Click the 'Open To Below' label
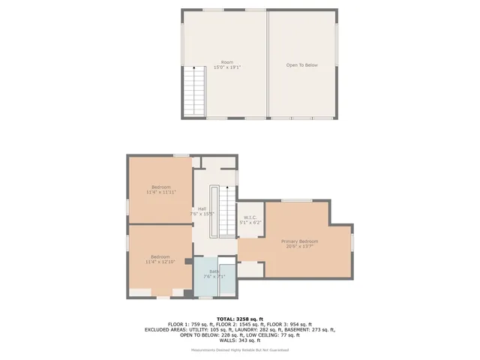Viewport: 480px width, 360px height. pyautogui.click(x=302, y=65)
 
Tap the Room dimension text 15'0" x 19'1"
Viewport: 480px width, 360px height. pyautogui.click(x=226, y=67)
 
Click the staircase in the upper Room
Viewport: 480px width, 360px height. pyautogui.click(x=194, y=91)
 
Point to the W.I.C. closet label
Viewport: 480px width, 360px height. pyautogui.click(x=250, y=217)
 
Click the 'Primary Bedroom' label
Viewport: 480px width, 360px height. pyautogui.click(x=300, y=241)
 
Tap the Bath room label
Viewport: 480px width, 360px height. pyautogui.click(x=214, y=271)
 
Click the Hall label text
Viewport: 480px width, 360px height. pyautogui.click(x=202, y=208)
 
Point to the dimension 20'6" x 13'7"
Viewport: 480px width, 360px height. pyautogui.click(x=300, y=247)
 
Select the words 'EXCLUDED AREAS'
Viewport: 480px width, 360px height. pyautogui.click(x=165, y=329)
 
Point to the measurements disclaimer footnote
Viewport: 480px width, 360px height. pyautogui.click(x=240, y=349)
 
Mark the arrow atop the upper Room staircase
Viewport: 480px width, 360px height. pyautogui.click(x=194, y=70)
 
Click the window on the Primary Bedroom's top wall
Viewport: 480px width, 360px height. pyautogui.click(x=297, y=200)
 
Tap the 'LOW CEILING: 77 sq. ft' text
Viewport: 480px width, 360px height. pyautogui.click(x=258, y=334)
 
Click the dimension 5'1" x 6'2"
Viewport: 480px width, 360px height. pyautogui.click(x=250, y=223)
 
